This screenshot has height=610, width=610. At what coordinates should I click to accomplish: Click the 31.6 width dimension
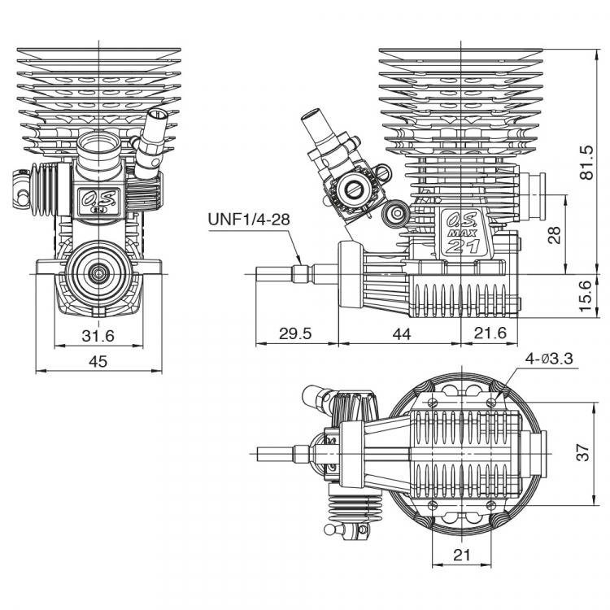point(97,337)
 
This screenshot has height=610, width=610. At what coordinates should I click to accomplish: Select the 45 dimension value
point(98,362)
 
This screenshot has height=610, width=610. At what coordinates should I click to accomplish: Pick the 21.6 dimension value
point(490,334)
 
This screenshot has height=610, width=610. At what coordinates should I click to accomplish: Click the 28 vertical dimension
point(556,235)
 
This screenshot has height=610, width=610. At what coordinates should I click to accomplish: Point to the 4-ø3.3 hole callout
point(551,359)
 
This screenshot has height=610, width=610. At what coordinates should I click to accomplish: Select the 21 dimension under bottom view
point(461,555)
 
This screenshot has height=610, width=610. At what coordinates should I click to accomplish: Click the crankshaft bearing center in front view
point(97,272)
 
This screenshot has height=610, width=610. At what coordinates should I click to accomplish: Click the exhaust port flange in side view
point(534,195)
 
